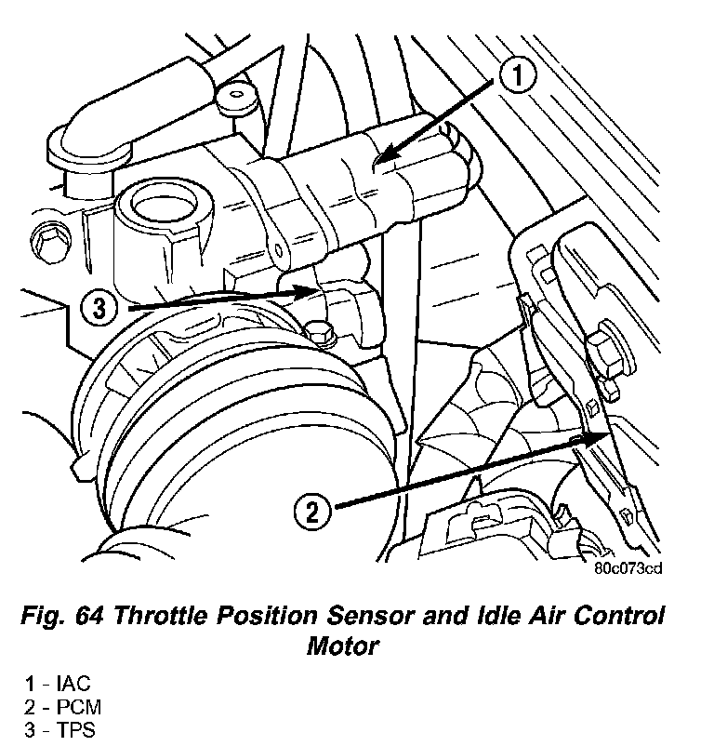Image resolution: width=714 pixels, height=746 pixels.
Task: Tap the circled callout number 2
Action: [x=312, y=510]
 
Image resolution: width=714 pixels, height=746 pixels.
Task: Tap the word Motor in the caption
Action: [x=343, y=646]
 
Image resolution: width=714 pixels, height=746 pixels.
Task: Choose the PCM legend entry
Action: [x=63, y=708]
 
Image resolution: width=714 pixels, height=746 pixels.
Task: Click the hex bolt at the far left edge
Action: [x=45, y=243]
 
